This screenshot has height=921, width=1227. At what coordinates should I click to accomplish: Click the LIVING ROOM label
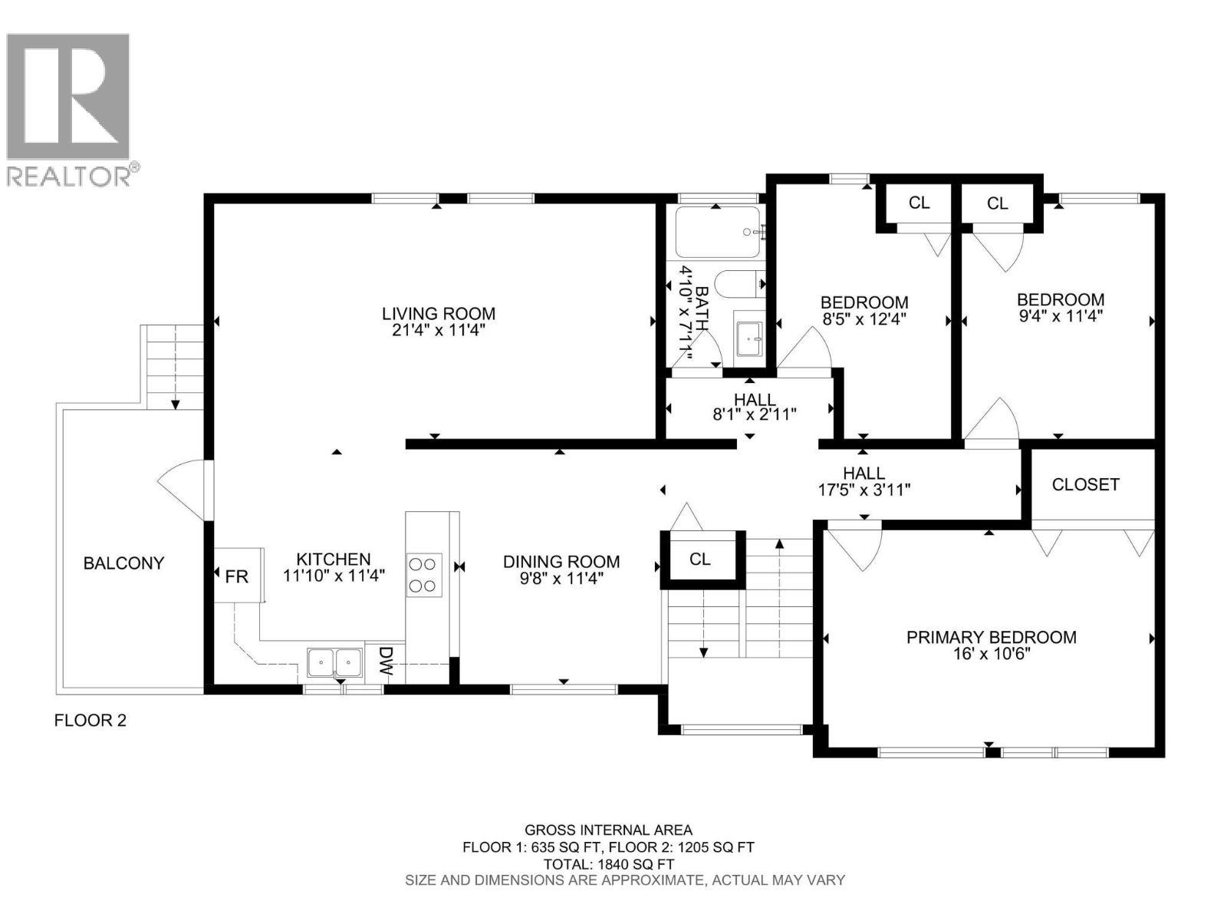coord(439,313)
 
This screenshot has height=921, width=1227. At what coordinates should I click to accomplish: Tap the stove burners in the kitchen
coord(424,575)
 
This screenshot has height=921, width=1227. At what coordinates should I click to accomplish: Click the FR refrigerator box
coord(237,576)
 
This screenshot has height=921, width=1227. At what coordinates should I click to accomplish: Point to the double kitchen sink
coord(334,661)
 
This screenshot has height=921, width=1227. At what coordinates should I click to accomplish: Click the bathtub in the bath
coord(718,231)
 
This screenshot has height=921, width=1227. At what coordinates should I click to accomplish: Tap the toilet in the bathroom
coord(738,284)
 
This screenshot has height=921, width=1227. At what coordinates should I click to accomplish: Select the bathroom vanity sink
coord(749,338)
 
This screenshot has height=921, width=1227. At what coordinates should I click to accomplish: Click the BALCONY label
coord(123,563)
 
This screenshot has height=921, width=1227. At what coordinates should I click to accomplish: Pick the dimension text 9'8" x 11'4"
coord(561,579)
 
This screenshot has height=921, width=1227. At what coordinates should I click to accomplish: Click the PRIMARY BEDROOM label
coord(991,637)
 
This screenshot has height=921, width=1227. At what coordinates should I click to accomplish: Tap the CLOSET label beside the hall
coord(1085,484)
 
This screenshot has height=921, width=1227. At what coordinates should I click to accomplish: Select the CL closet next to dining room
coord(699,559)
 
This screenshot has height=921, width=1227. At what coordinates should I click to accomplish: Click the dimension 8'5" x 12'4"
coord(864,319)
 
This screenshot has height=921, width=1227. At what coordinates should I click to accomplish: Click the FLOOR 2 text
coord(90,720)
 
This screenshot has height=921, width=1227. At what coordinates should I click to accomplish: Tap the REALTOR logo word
coord(69,177)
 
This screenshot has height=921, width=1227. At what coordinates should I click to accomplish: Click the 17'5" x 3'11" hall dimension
coord(864,490)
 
